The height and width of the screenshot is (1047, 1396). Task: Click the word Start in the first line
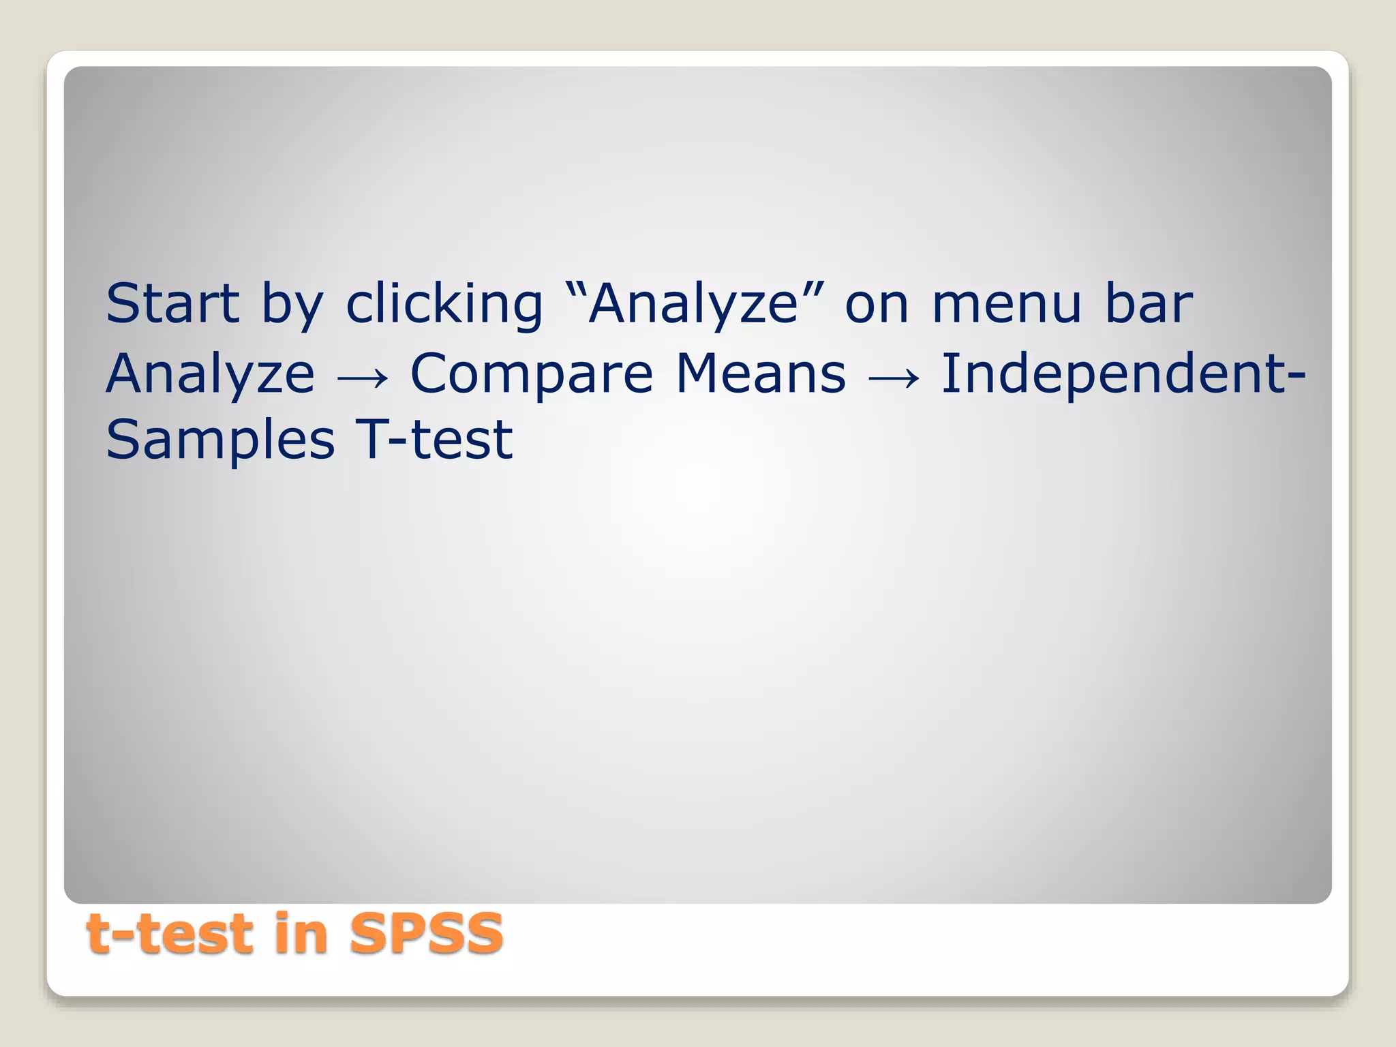[x=172, y=303]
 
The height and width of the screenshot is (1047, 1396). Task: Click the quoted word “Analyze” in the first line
[x=693, y=305]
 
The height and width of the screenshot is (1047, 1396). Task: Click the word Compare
[x=532, y=376]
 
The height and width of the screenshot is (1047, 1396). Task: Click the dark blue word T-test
[x=434, y=440]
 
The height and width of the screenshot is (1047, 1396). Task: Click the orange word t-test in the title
[x=170, y=934]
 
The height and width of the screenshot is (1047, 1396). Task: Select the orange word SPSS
[x=426, y=934]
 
